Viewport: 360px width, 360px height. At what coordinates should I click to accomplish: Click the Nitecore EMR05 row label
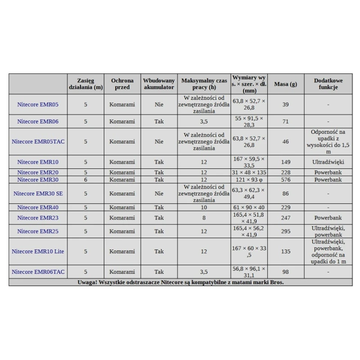pyautogui.click(x=38, y=104)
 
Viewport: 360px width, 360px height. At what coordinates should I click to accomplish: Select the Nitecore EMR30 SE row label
pyautogui.click(x=38, y=193)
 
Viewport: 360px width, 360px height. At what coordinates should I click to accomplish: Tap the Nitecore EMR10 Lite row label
pyautogui.click(x=38, y=252)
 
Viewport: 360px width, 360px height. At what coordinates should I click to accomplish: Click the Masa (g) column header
pyautogui.click(x=285, y=84)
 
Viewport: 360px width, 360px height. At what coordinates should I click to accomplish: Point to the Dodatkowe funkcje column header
pyautogui.click(x=328, y=84)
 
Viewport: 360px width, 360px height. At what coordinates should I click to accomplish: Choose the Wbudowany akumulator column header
pyautogui.click(x=159, y=84)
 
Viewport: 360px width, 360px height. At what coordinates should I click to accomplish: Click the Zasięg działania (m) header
pyautogui.click(x=85, y=84)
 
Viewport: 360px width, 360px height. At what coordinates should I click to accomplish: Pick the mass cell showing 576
pyautogui.click(x=285, y=180)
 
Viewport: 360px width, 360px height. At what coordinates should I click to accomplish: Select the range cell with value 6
pyautogui.click(x=85, y=180)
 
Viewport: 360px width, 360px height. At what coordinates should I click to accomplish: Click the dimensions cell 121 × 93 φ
pyautogui.click(x=249, y=180)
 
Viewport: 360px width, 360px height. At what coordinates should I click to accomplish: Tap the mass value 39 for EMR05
pyautogui.click(x=285, y=104)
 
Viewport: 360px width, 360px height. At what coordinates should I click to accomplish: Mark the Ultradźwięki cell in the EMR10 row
pyautogui.click(x=328, y=162)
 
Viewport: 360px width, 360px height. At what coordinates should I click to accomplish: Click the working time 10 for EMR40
pyautogui.click(x=204, y=207)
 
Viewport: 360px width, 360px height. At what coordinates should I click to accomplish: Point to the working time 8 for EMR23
pyautogui.click(x=204, y=218)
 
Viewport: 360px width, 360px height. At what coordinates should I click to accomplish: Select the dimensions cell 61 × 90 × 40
pyautogui.click(x=249, y=207)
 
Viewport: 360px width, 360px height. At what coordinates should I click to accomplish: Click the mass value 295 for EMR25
pyautogui.click(x=285, y=231)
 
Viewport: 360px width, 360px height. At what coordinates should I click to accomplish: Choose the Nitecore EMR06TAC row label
pyautogui.click(x=38, y=272)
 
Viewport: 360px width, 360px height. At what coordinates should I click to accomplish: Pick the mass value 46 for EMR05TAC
pyautogui.click(x=285, y=141)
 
